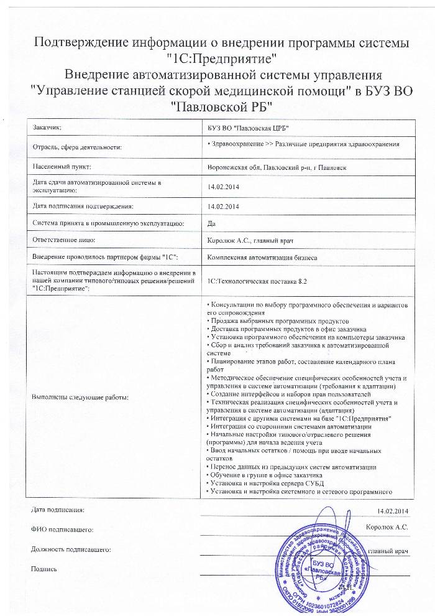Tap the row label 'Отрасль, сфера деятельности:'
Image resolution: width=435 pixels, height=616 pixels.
pos(76,147)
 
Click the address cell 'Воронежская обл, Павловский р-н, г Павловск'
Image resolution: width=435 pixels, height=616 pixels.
pos(272,167)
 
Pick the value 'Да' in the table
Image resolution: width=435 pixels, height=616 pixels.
pos(211,222)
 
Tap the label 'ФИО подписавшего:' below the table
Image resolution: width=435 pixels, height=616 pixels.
pos(62,530)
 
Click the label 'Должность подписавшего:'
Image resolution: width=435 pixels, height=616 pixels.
pos(71,550)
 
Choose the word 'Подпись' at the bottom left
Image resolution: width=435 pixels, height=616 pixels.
pos(44,569)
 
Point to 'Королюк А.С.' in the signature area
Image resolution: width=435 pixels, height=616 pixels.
pos(387,527)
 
